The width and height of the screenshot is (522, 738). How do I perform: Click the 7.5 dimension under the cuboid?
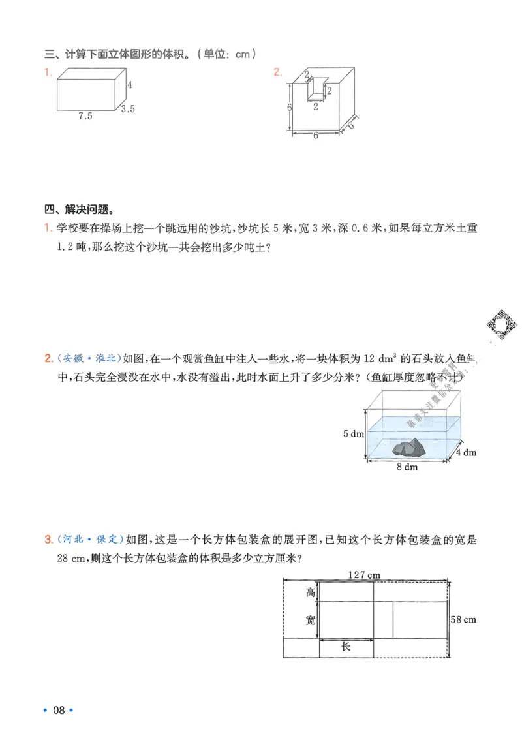point(85,116)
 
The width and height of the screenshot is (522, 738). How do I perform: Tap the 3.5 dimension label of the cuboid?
point(127,109)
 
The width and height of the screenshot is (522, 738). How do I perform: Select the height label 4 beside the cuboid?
point(130,85)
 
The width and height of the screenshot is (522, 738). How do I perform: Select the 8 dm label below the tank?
point(407,467)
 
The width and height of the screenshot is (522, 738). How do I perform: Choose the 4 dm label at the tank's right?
point(465,452)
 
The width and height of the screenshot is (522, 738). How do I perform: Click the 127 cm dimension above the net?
point(364,574)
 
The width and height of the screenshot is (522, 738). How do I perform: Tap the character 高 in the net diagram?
point(311,592)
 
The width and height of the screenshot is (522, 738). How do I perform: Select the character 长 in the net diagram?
point(346,647)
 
